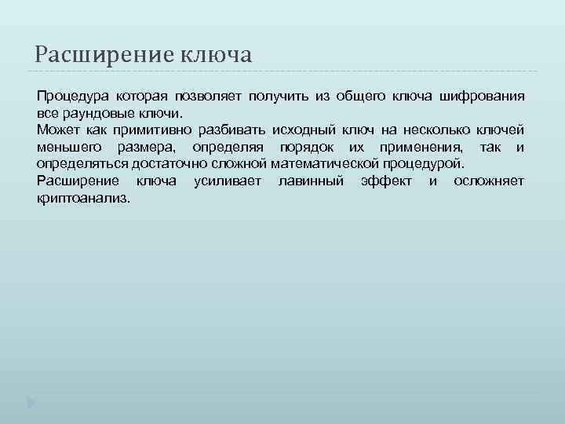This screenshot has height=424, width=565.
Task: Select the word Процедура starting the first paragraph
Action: (x=72, y=97)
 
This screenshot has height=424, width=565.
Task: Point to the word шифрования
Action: (x=483, y=97)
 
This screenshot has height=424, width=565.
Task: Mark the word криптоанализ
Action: (x=83, y=199)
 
